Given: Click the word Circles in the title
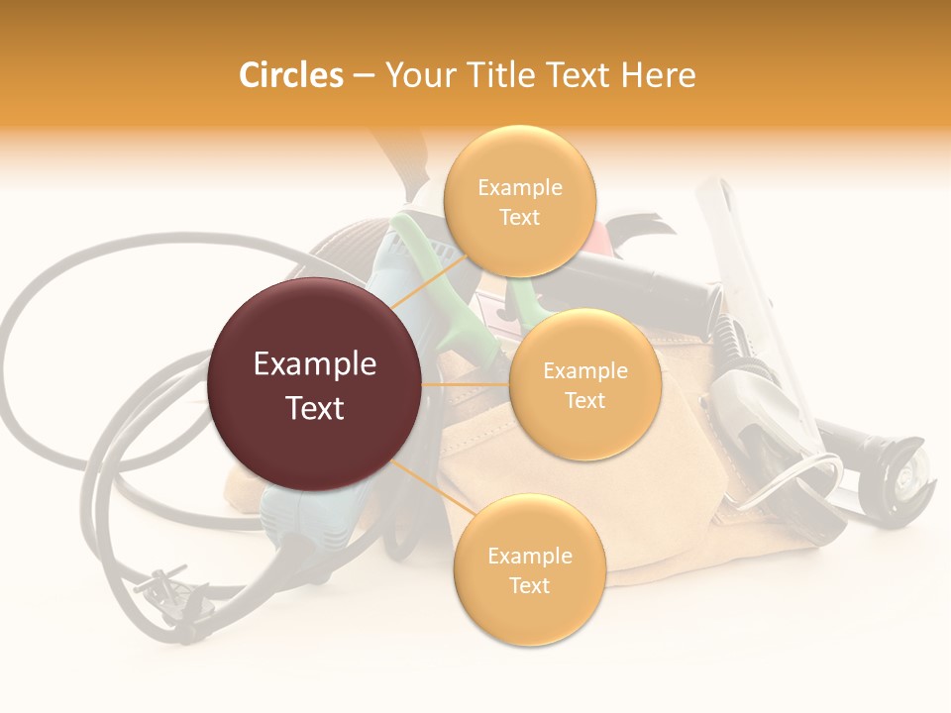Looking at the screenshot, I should click(290, 75).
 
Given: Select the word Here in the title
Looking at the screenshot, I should click(658, 75).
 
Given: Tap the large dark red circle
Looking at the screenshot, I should click(315, 384).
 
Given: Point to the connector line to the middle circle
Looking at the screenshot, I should click(466, 384).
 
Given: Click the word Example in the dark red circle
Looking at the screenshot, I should click(315, 364).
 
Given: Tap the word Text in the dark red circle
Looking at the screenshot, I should click(315, 407).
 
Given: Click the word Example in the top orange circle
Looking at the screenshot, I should click(519, 188).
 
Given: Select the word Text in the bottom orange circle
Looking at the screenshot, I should click(529, 585).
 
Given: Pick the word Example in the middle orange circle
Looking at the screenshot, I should click(584, 371).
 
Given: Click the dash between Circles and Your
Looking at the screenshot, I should click(363, 76).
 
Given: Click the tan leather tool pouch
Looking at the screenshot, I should click(594, 515).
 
